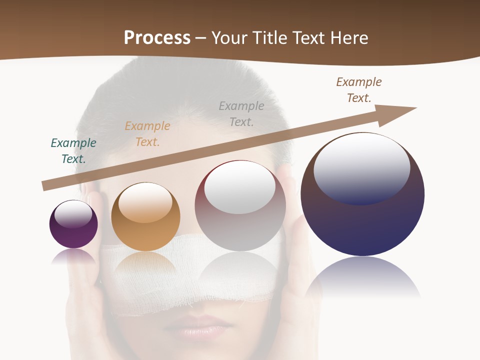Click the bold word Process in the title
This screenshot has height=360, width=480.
click(157, 38)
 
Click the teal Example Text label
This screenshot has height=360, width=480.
click(73, 151)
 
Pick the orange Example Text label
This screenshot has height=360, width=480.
click(147, 134)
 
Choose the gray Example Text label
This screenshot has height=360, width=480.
click(241, 114)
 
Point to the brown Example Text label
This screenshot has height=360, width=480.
click(359, 90)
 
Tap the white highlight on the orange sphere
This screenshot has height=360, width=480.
click(145, 201)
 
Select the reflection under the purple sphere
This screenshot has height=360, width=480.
click(73, 256)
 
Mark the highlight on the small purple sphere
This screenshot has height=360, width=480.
click(73, 214)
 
